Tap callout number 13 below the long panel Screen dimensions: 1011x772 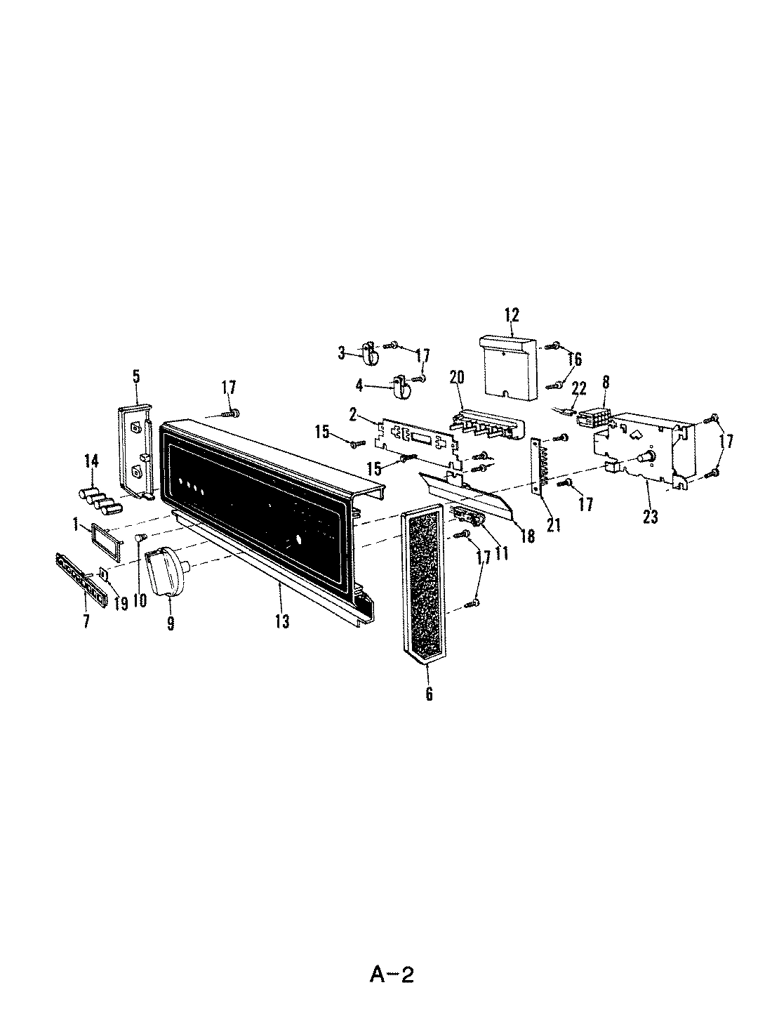click(281, 621)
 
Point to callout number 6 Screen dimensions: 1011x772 click(428, 694)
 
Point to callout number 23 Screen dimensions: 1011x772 click(651, 517)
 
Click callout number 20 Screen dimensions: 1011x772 click(457, 377)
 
